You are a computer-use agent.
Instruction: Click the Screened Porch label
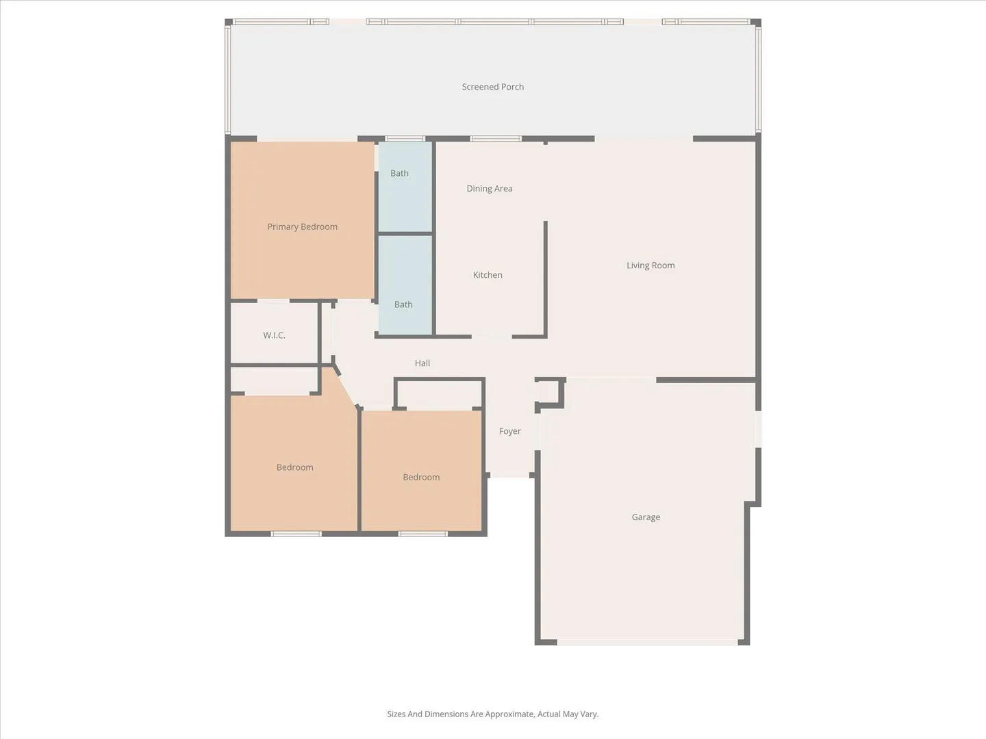(493, 87)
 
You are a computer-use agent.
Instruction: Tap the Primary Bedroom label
(303, 226)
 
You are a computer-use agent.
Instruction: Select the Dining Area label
(489, 188)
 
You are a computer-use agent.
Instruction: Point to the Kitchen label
(488, 274)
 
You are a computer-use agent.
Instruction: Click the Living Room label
(650, 265)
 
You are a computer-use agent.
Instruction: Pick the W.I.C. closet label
(274, 335)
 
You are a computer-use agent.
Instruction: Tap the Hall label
(422, 363)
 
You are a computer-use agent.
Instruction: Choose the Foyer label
(510, 431)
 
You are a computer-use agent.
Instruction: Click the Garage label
(646, 517)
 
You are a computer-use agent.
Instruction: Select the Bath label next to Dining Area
(399, 173)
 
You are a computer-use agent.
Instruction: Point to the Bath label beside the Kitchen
(403, 304)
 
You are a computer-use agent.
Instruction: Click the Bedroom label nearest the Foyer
(421, 477)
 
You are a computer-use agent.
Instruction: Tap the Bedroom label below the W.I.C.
(294, 467)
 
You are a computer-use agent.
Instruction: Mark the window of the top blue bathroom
(405, 139)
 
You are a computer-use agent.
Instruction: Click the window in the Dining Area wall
(496, 139)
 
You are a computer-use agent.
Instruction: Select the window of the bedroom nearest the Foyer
(422, 534)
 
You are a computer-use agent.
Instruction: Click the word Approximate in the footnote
(509, 714)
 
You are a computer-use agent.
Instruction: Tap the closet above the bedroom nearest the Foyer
(440, 393)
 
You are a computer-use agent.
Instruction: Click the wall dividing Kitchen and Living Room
(545, 278)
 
